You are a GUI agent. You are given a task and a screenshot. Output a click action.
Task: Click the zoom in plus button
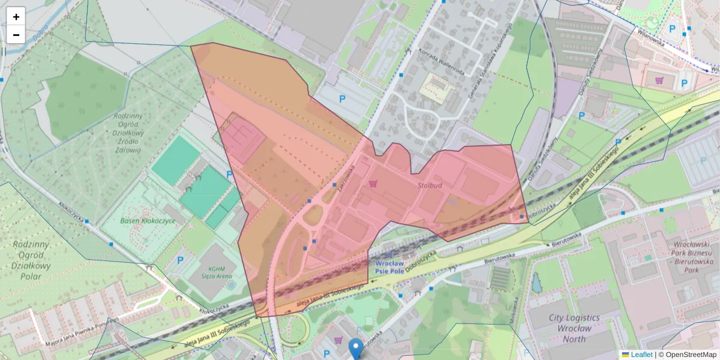click(x=16, y=17)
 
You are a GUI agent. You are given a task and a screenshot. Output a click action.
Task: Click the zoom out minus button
click(x=16, y=35)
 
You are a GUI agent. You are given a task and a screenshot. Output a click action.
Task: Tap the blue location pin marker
click(x=356, y=347)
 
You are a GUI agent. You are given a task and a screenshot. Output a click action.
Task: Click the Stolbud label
click(x=430, y=185)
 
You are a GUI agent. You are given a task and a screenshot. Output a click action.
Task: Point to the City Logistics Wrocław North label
click(x=574, y=328)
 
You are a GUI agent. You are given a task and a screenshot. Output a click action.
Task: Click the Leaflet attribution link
click(x=641, y=355)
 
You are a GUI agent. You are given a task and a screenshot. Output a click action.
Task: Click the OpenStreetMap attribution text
click(x=687, y=355)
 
